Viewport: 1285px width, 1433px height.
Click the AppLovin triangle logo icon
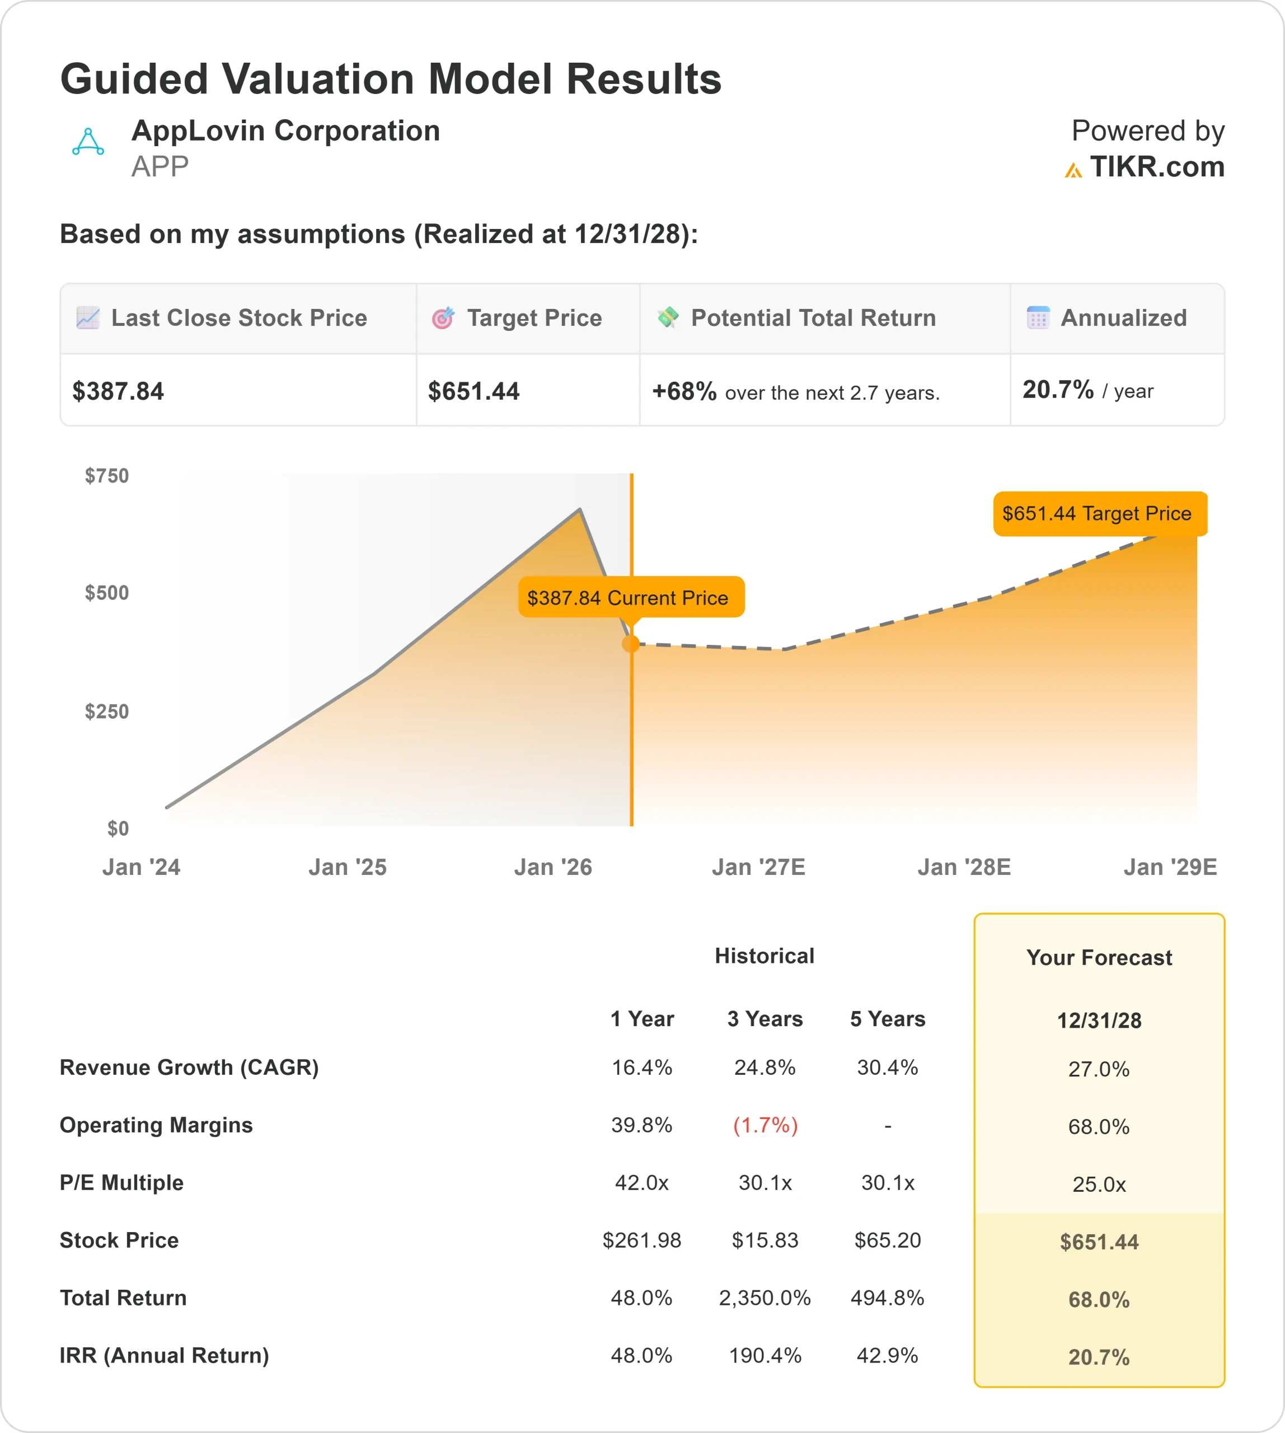88,142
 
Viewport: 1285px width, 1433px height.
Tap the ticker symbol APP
160,167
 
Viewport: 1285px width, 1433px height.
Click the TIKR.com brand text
1156,167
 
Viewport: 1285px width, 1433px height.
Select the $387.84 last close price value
118,391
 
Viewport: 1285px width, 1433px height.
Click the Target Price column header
534,318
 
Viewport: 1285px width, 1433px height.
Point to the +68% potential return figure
683,391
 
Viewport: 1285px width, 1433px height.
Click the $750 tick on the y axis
106,475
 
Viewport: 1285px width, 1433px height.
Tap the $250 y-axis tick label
106,711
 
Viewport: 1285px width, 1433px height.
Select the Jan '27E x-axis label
758,867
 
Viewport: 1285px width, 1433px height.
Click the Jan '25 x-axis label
348,867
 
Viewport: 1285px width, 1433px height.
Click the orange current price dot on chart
631,643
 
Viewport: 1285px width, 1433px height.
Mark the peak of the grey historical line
580,509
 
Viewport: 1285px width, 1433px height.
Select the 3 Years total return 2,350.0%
765,1298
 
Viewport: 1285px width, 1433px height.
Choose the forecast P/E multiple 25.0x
1099,1184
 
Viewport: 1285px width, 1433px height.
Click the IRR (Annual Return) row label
164,1355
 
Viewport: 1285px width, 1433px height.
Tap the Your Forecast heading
1099,958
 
